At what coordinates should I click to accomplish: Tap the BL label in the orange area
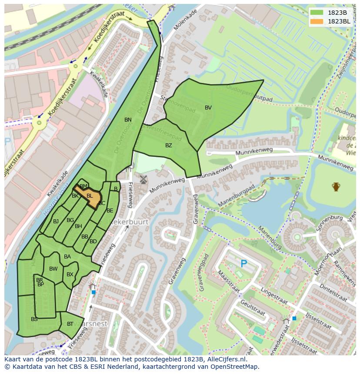pos(90,196)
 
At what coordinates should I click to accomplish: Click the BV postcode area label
pos(208,108)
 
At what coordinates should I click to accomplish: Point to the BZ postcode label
pos(169,146)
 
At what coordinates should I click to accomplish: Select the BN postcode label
pos(128,120)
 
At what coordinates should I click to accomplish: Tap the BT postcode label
pos(70,324)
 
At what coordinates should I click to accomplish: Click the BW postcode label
pos(53,269)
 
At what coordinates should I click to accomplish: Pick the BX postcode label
pos(70,275)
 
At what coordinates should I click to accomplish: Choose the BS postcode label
pos(34,319)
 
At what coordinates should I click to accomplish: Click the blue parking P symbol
pos(243,264)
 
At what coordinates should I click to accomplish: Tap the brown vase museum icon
pos(336,187)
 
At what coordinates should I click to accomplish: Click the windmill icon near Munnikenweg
pos(143,179)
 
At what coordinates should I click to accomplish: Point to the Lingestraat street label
pos(274,295)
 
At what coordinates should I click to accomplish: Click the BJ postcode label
pos(56,222)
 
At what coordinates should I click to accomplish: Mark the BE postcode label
pos(110,211)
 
